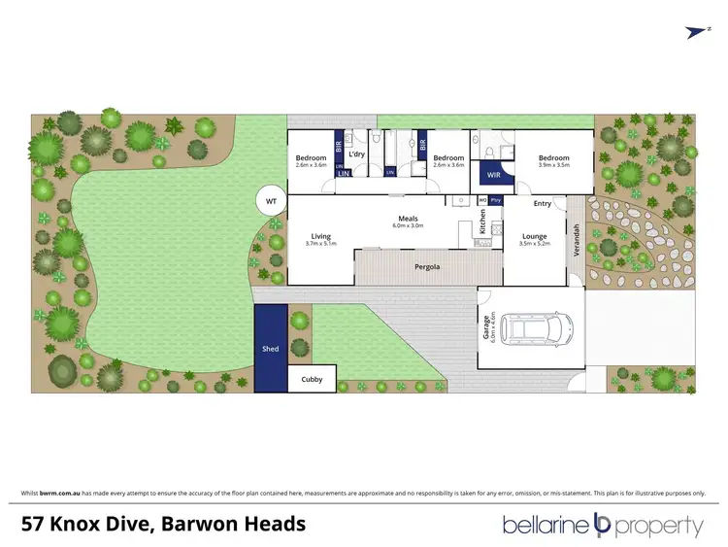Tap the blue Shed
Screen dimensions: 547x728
[271, 348]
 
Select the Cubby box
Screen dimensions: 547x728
[312, 379]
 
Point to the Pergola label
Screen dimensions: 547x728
[427, 265]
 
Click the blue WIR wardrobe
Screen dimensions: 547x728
[493, 176]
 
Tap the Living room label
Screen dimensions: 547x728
[320, 236]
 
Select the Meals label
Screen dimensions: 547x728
[408, 219]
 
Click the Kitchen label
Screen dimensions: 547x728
[482, 222]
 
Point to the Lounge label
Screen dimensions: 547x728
[535, 236]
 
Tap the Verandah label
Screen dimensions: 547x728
[575, 239]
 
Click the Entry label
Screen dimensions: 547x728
[542, 203]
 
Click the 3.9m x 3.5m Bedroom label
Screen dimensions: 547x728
[553, 157]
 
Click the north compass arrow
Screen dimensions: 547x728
[695, 32]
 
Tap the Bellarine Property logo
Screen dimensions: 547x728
[602, 526]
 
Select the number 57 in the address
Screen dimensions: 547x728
[37, 525]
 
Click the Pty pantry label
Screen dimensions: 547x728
[495, 200]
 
